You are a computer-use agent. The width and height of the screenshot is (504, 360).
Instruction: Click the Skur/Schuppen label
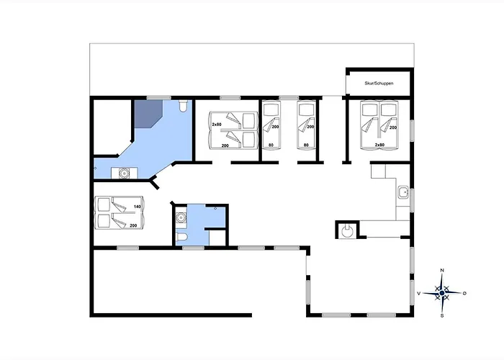click(x=379, y=84)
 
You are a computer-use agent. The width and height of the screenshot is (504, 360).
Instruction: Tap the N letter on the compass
click(x=442, y=270)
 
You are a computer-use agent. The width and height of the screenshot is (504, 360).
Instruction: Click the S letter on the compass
click(x=442, y=315)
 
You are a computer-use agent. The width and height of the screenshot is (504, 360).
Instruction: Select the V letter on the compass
click(x=418, y=293)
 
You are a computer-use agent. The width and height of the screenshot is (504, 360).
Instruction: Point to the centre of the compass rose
click(x=442, y=293)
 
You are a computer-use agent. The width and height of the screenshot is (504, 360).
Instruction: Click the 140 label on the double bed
click(x=138, y=207)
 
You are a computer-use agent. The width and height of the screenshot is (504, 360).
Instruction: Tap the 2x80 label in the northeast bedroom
click(x=379, y=145)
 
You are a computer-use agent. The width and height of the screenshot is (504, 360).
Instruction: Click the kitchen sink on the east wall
click(x=402, y=192)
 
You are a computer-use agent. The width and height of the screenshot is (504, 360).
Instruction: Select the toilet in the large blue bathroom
click(x=183, y=106)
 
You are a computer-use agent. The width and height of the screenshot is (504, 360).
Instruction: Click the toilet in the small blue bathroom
click(x=181, y=237)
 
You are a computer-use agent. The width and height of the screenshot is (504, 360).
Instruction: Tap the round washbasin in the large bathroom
click(x=124, y=174)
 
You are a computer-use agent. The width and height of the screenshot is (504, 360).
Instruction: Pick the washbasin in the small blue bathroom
click(x=181, y=218)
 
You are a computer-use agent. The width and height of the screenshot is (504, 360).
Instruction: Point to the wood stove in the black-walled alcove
click(x=347, y=230)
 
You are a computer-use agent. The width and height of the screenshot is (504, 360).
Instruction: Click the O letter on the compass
click(x=464, y=293)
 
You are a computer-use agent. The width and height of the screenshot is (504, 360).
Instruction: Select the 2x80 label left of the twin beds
click(x=216, y=124)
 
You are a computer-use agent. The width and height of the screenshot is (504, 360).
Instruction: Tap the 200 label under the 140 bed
click(x=133, y=225)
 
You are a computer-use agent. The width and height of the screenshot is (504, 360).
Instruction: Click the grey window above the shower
click(x=159, y=98)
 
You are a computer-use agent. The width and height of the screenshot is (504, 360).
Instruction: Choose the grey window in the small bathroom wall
click(x=193, y=248)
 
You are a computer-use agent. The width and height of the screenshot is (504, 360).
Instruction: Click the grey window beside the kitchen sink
click(x=412, y=200)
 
